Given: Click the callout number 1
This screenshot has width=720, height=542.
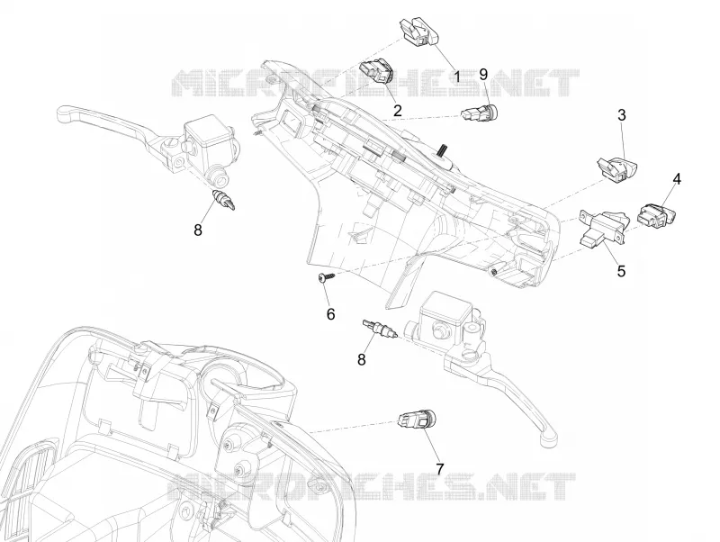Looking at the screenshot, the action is pos(456,76).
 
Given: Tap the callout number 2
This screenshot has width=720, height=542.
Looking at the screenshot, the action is pos(397,110).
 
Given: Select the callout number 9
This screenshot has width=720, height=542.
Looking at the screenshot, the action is pos(483,75).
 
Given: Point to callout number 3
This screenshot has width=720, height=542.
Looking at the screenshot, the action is pos(621,115).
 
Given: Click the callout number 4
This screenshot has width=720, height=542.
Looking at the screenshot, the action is pos(677,179).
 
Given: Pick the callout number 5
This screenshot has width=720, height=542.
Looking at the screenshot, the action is pos(621,271).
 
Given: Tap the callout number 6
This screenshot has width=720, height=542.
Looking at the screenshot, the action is pos(330,314).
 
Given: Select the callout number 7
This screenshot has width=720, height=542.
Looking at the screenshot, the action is pos(440,469).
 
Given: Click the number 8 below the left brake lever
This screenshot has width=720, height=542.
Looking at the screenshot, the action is pos(198,230).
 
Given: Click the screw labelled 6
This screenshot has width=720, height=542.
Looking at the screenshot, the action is pos(326,277).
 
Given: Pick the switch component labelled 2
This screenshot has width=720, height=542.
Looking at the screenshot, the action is pos(377,71).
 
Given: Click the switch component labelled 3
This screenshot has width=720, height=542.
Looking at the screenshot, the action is pos(617,167).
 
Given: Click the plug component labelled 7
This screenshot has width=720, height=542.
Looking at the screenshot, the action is pos(416,420).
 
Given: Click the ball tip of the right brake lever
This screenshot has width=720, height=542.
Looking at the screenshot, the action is pos(550,439).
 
